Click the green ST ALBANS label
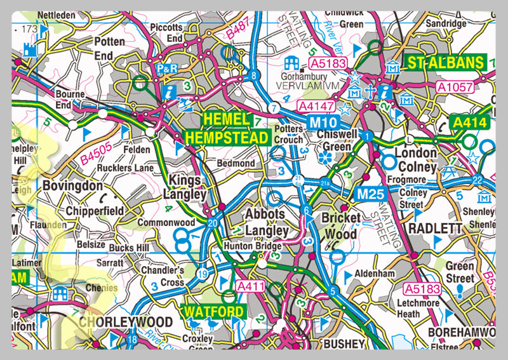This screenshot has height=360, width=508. pos(446,63)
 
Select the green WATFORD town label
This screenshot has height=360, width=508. pos(213,312)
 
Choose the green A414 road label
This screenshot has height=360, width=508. pos(469,122)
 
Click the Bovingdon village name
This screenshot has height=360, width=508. pos(73,186)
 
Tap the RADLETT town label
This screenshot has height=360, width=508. pos(434,228)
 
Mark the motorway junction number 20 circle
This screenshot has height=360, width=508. pos(212,222)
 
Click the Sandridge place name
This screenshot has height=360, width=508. pos(446,23)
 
